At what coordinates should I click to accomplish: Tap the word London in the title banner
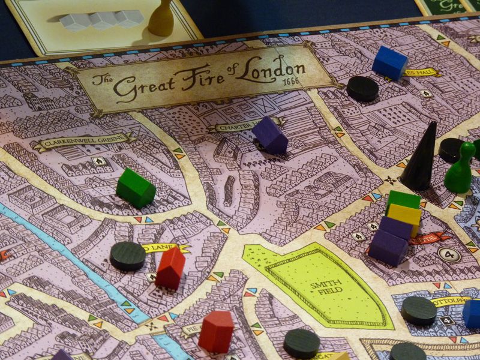[270, 70]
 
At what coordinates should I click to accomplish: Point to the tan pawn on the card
[161, 18]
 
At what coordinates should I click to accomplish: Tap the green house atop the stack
[403, 199]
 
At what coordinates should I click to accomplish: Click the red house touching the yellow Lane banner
[170, 267]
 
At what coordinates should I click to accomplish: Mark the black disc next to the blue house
[362, 88]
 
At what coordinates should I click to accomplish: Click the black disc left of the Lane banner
[128, 256]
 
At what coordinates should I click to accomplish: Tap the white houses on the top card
[101, 20]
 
